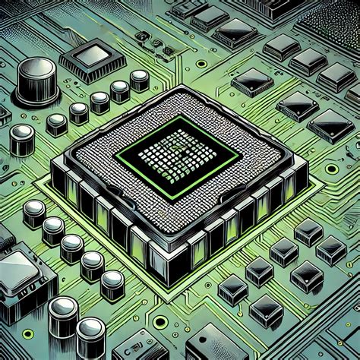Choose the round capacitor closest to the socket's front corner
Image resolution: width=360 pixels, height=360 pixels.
(112, 283)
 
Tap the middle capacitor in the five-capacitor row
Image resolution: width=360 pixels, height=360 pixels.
(72, 245)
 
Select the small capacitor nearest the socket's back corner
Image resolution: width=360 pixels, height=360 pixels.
(140, 78)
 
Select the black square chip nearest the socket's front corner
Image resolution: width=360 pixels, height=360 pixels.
(232, 287)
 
